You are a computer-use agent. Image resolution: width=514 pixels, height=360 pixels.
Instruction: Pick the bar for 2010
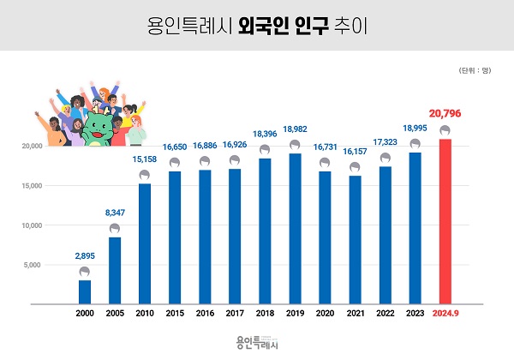point(145,243)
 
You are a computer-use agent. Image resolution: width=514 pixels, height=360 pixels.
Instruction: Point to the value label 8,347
point(115,211)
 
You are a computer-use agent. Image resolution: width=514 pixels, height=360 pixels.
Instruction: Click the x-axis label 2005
point(115,315)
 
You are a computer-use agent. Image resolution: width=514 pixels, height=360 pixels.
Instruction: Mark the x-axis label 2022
point(385,315)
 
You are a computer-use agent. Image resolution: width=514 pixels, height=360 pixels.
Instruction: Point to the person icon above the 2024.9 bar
point(445,131)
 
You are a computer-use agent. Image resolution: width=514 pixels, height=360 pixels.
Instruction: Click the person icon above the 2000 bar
point(85,273)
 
